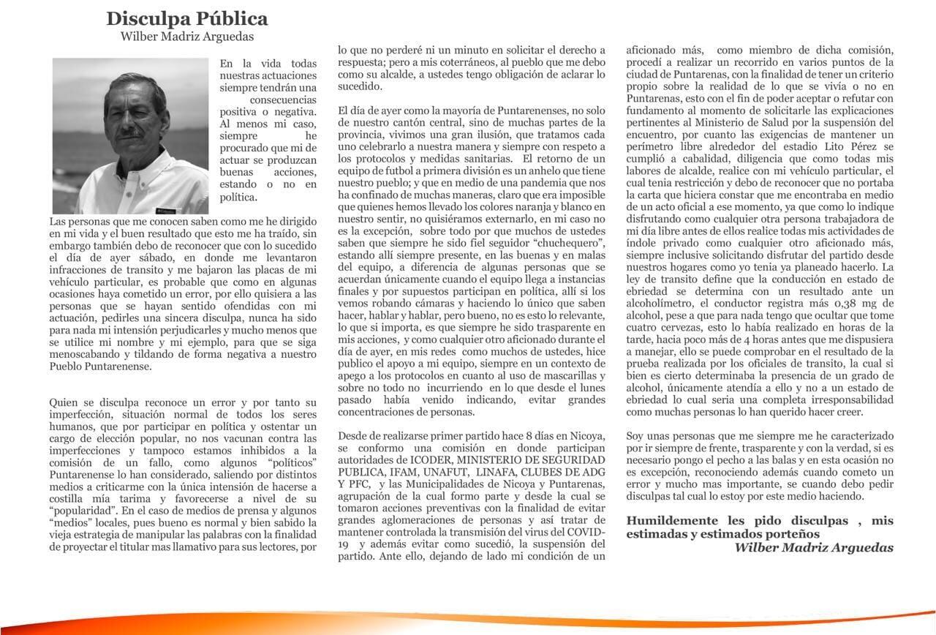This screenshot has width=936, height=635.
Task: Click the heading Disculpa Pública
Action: click(187, 18)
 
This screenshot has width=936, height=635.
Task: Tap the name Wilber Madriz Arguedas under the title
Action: click(187, 37)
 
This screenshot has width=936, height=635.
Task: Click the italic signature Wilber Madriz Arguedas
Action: click(813, 547)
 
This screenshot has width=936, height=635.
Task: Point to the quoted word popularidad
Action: click(83, 511)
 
